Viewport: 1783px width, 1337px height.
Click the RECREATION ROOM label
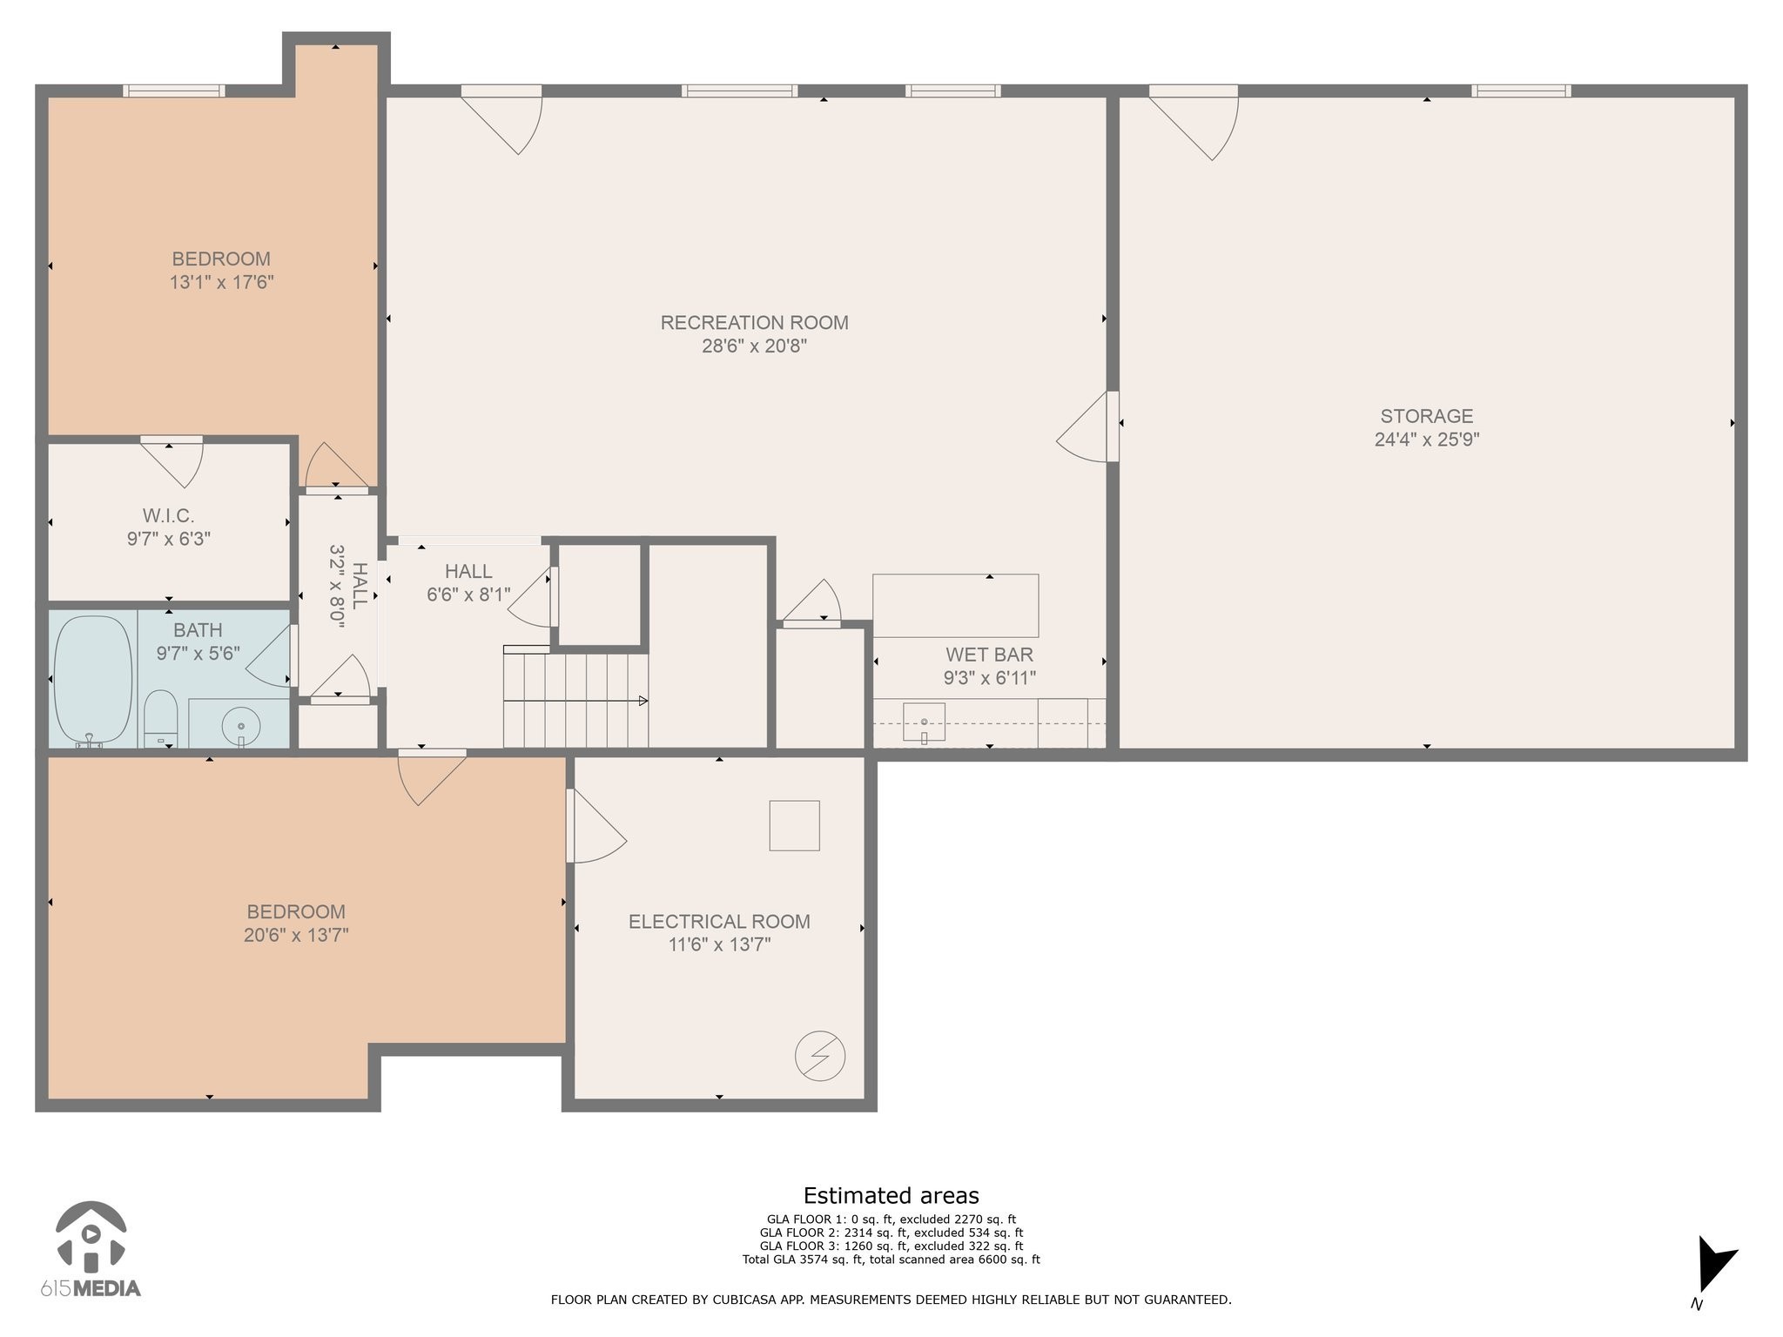pos(754,323)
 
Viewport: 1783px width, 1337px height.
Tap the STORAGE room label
pos(1426,416)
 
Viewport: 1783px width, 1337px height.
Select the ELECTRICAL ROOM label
pos(719,922)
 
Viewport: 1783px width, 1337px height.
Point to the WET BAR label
pos(989,655)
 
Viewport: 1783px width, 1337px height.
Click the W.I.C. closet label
pos(168,516)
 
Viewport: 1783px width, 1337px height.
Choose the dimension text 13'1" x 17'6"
pos(222,282)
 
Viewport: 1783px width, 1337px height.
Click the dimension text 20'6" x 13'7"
pos(296,935)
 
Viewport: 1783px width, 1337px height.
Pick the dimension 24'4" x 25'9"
pos(1426,440)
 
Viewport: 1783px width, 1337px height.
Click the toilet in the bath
pos(160,719)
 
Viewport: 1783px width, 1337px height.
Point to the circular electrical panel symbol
pos(820,1057)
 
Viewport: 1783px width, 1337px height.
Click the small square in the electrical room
pos(794,825)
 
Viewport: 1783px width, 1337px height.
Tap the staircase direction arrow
pos(575,701)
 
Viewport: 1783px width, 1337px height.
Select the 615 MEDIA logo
pos(91,1249)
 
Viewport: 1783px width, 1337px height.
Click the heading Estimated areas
pos(891,1196)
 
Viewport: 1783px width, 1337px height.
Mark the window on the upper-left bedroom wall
pos(174,91)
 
